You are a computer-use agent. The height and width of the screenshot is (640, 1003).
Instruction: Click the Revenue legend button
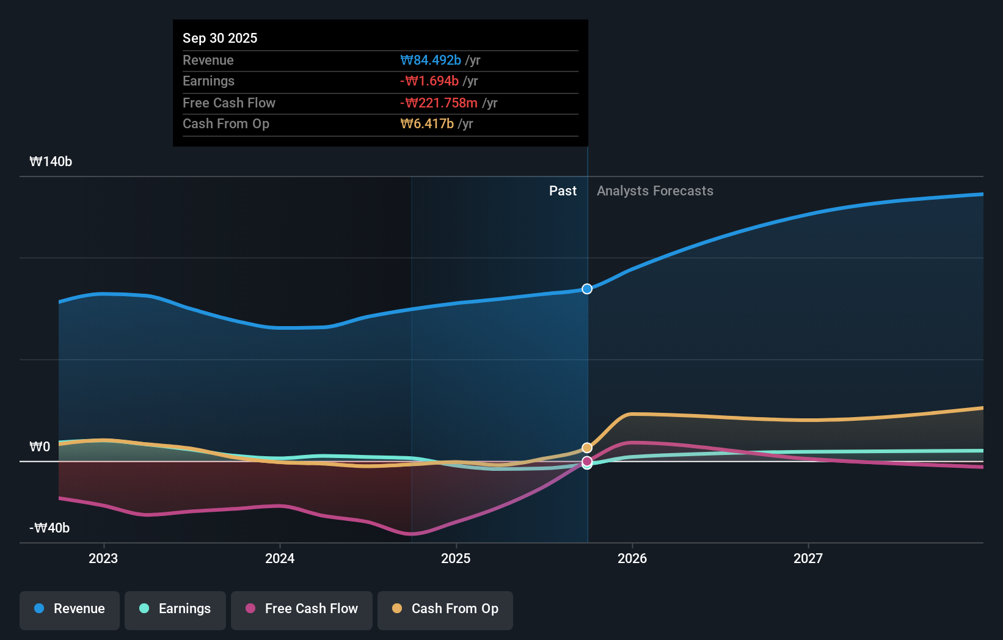tap(70, 609)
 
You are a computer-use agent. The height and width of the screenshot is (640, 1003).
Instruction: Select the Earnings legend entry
tap(175, 609)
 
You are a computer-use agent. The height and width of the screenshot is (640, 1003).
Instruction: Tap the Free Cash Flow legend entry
tap(302, 609)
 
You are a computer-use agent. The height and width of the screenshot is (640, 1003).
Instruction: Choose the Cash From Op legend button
tap(445, 609)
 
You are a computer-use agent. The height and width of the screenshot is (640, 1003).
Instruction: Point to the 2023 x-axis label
tap(103, 558)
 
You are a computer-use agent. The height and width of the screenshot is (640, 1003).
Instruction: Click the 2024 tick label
tap(280, 558)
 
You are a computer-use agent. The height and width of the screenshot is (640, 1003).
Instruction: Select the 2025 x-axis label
tap(456, 558)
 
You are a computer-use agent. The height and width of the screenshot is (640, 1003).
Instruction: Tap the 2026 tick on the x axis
tap(632, 558)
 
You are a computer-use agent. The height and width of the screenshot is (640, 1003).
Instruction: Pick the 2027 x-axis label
tap(808, 558)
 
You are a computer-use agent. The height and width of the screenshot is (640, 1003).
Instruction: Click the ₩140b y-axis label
tap(51, 162)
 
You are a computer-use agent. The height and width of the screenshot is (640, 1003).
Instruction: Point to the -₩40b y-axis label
tap(49, 528)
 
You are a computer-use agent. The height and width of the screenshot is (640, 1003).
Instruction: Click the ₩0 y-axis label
tap(40, 447)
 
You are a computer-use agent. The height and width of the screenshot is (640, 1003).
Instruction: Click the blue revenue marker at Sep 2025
tap(587, 289)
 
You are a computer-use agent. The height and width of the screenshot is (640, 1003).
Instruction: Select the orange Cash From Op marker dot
tap(587, 448)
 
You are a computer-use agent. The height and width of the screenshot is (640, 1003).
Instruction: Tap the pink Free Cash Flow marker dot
tap(587, 461)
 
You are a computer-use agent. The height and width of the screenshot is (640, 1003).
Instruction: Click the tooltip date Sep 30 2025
tap(220, 38)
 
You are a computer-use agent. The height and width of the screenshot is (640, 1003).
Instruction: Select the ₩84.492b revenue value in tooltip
tap(431, 60)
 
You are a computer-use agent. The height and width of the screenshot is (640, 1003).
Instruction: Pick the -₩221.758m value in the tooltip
tap(439, 103)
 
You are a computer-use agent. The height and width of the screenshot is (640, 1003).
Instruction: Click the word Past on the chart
tap(563, 191)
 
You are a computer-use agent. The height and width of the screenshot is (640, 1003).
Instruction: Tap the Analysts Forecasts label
tap(655, 191)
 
